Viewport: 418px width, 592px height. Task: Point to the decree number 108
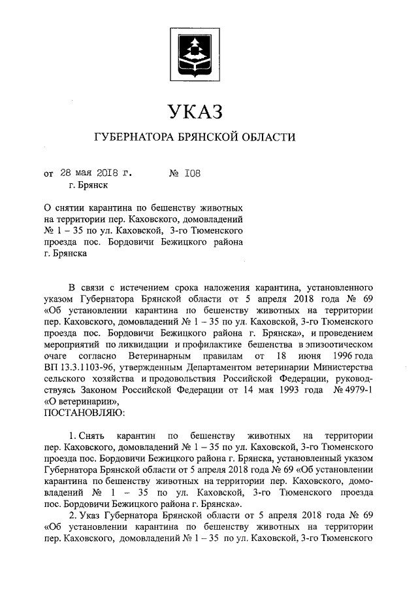(193, 173)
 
